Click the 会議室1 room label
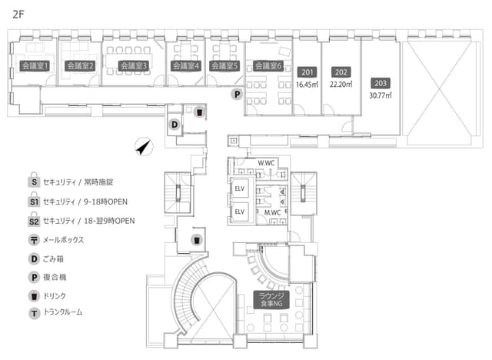35,66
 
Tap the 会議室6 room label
268,66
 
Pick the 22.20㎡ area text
340,85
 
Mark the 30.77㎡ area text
380,95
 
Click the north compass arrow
141,146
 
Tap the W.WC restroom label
267,163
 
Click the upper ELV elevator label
239,188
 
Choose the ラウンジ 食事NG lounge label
271,302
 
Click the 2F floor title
19,12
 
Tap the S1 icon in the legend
34,201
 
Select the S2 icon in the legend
34,221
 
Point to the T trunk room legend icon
34,313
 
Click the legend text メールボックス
64,240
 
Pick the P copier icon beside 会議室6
237,94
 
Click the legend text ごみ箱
55,258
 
